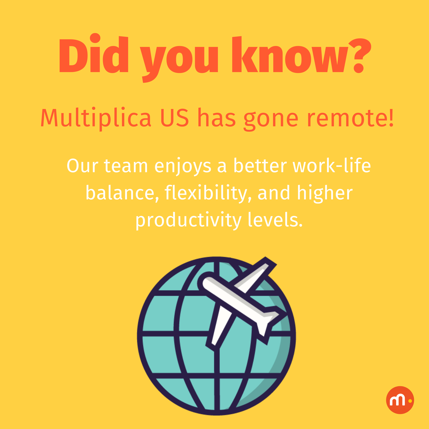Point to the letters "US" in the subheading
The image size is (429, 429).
click(174, 118)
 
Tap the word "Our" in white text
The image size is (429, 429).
click(82, 166)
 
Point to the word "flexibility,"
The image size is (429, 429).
click(206, 193)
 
